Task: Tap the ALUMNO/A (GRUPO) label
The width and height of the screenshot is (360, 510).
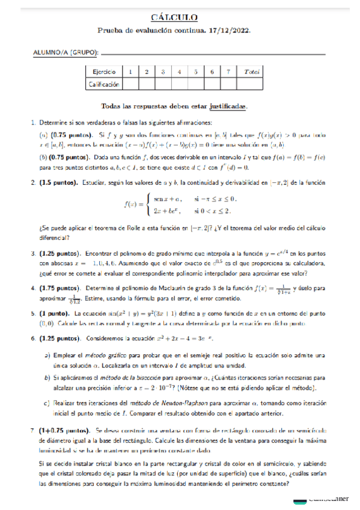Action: click(x=64, y=54)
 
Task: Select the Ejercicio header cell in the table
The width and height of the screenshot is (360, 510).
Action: click(x=105, y=72)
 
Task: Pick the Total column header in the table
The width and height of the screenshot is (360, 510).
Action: click(x=252, y=72)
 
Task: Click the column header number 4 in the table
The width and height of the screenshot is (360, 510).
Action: click(x=180, y=72)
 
